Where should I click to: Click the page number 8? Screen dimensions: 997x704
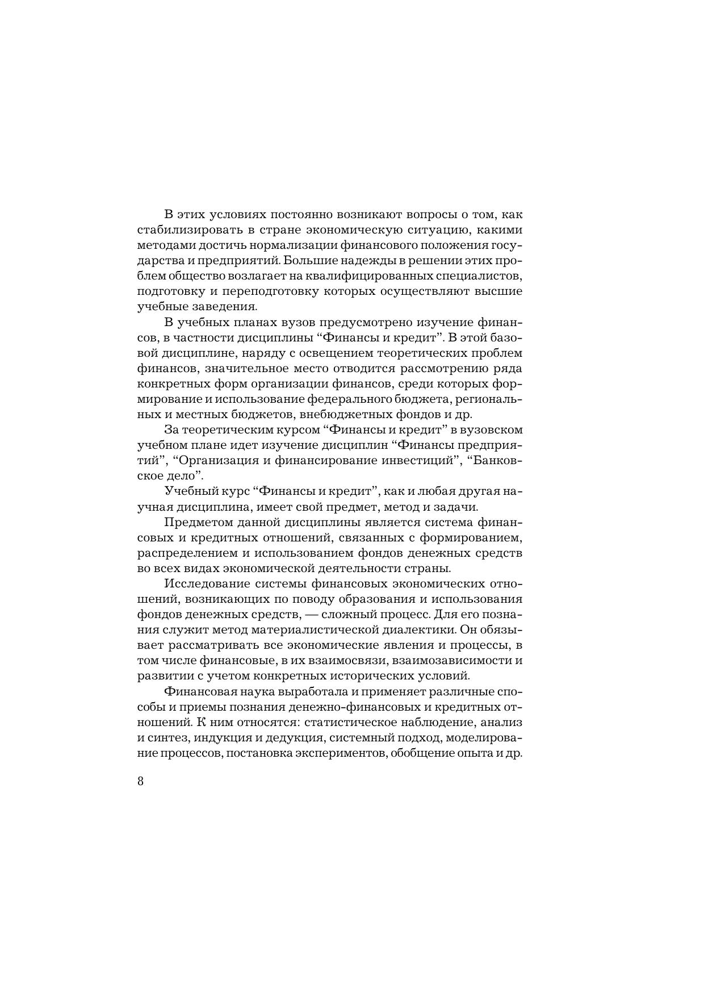[x=141, y=781]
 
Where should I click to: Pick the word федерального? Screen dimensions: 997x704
[x=361, y=399]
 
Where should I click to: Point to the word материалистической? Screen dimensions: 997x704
[x=315, y=629]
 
